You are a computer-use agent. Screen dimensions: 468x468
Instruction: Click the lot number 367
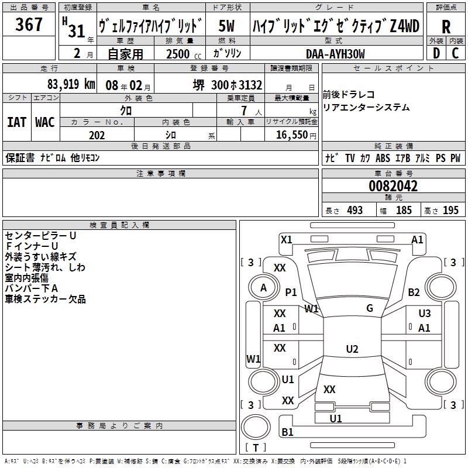29,25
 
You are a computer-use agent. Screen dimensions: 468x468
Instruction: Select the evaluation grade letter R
446,27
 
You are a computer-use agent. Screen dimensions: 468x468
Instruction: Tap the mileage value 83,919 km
71,85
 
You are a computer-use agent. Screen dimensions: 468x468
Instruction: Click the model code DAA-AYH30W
335,54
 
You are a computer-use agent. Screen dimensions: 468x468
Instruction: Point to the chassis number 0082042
393,187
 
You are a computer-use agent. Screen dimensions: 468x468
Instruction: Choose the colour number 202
97,135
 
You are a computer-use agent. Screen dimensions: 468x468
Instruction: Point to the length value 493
355,211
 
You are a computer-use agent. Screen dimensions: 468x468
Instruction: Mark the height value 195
450,211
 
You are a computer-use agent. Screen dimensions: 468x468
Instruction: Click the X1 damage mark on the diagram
286,239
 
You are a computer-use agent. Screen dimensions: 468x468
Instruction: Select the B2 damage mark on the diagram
414,292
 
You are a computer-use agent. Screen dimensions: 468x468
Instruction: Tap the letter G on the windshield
370,308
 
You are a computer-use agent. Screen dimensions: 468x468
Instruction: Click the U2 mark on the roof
352,349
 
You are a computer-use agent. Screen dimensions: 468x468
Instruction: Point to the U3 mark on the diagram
424,314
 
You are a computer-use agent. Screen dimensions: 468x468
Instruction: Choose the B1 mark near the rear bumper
288,432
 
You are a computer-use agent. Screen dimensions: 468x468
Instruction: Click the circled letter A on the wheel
263,287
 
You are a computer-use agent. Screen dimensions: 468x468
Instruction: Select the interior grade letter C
456,54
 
